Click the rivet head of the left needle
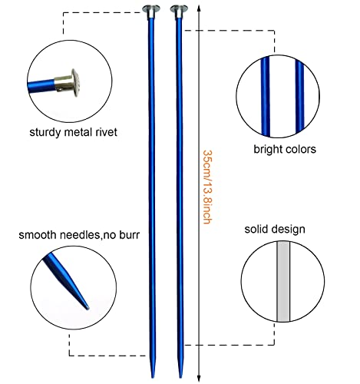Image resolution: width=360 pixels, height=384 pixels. [151, 9]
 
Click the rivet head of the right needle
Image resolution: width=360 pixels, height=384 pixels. [179, 9]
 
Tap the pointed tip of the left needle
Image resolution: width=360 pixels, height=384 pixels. [153, 377]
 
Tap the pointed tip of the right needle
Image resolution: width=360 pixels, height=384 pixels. [180, 377]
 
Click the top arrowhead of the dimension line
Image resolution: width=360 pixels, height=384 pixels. [199, 8]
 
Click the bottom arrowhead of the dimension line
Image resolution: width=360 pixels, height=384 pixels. [199, 379]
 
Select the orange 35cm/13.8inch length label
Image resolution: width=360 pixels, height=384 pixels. [207, 187]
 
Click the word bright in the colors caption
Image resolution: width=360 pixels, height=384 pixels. [267, 149]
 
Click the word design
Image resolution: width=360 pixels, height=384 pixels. [288, 230]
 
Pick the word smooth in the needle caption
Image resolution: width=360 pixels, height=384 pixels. [38, 235]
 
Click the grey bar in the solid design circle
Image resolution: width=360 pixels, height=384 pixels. [283, 281]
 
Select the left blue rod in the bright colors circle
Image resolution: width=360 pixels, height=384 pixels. [266, 97]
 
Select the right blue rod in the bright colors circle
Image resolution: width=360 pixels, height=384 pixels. [299, 96]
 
